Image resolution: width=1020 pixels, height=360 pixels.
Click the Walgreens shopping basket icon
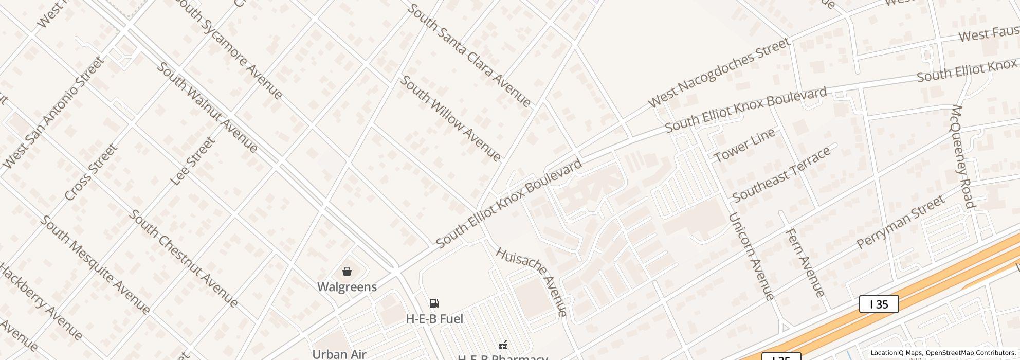347,272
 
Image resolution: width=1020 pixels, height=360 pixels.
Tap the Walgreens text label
347,287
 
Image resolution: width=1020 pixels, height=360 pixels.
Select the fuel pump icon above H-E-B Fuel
434,303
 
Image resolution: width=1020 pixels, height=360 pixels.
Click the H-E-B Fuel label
434,319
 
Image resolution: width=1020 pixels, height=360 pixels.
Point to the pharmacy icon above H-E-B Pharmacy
503,345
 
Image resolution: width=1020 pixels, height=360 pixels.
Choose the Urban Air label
339,354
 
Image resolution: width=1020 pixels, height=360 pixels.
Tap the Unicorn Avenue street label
752,256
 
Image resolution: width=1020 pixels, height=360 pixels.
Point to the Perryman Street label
901,222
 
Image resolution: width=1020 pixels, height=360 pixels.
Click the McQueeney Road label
963,157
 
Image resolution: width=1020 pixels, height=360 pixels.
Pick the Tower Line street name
744,146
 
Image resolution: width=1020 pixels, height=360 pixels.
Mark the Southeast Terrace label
781,174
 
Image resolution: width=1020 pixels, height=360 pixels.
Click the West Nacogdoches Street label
719,73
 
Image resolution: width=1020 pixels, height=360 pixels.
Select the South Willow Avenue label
450,118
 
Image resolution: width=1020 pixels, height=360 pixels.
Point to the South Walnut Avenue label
207,107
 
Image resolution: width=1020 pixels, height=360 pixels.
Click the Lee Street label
192,161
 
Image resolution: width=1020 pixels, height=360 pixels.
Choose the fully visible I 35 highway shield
879,304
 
